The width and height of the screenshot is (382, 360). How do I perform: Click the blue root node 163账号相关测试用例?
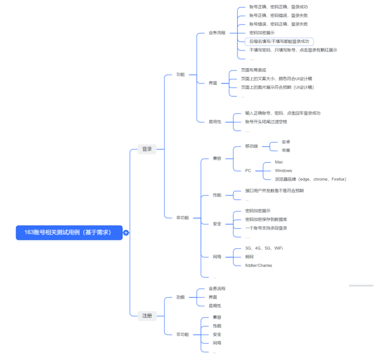pyautogui.click(x=69, y=232)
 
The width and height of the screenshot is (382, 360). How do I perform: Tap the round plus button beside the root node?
pyautogui.click(x=126, y=233)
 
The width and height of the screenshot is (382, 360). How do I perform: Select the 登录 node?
pyautogui.click(x=147, y=149)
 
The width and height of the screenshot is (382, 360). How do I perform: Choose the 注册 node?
pyautogui.click(x=147, y=315)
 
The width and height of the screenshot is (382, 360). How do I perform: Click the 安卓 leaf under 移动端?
pyautogui.click(x=286, y=142)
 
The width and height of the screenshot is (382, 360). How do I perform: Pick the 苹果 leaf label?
pyautogui.click(x=286, y=151)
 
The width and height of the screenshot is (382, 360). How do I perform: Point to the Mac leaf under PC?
pyautogui.click(x=279, y=162)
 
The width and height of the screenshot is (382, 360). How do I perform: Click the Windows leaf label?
pyautogui.click(x=283, y=170)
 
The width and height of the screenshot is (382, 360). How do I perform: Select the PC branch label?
pyautogui.click(x=248, y=170)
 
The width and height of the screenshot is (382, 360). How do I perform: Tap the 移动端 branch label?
pyautogui.click(x=251, y=146)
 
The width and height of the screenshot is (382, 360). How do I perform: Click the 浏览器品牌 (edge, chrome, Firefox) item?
pyautogui.click(x=310, y=179)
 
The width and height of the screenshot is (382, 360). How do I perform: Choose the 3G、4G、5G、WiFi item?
pyautogui.click(x=264, y=248)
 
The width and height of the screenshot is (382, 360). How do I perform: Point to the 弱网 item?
pyautogui.click(x=250, y=256)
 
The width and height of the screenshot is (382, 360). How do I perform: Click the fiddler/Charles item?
pyautogui.click(x=258, y=265)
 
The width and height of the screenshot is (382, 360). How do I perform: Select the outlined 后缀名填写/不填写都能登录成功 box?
pyautogui.click(x=279, y=41)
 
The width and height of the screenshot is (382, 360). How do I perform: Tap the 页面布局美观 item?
pyautogui.click(x=253, y=70)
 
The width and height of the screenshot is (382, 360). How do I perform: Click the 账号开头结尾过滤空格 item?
pyautogui.click(x=266, y=121)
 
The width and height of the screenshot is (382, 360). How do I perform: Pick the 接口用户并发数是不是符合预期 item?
pyautogui.click(x=274, y=191)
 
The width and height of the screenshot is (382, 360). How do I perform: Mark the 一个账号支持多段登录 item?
pyautogui.click(x=266, y=228)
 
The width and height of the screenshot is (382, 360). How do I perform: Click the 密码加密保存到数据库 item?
pyautogui.click(x=266, y=219)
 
